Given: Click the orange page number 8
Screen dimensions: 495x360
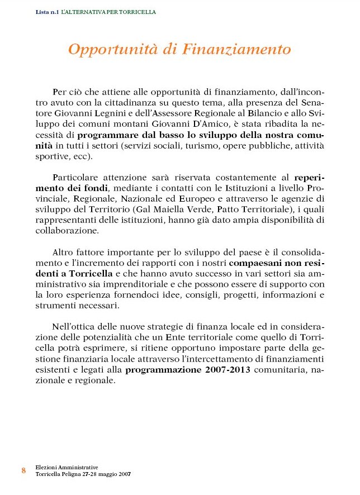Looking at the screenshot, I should coord(23,470).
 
